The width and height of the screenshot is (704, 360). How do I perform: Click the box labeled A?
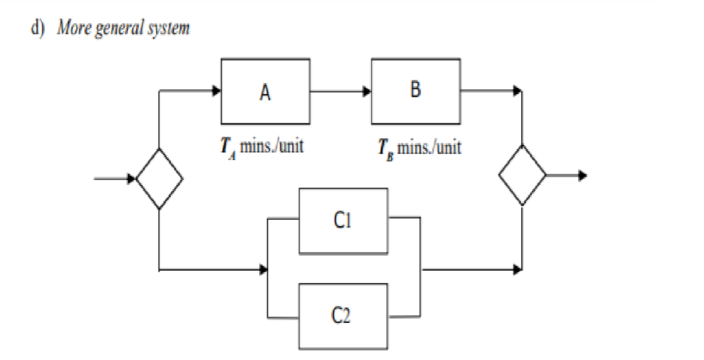tap(265, 91)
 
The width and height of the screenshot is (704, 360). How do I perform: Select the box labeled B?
tap(415, 91)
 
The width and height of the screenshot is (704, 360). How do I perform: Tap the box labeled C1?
tap(342, 220)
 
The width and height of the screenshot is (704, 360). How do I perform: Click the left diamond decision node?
tap(159, 179)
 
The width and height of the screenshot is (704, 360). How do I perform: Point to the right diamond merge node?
tap(522, 175)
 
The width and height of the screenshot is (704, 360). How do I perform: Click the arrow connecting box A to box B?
tap(340, 91)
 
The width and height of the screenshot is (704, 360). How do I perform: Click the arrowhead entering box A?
tap(216, 91)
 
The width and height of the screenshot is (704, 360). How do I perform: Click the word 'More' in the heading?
tap(73, 28)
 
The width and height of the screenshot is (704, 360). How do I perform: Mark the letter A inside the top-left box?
tap(265, 92)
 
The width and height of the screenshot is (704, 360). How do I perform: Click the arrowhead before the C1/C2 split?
tap(263, 270)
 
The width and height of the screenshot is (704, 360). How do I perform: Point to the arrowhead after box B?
tap(517, 91)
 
